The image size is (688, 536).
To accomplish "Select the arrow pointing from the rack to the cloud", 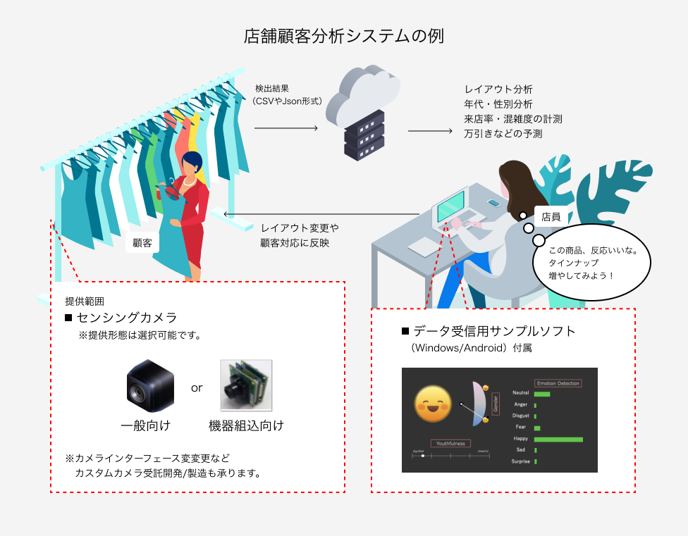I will click(x=285, y=128).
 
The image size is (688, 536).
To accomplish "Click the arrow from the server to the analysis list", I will click(x=429, y=131).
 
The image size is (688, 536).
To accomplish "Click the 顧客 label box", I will click(x=143, y=244).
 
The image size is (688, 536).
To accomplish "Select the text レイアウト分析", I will click(x=498, y=89).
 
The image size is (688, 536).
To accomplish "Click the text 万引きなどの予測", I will click(x=503, y=133).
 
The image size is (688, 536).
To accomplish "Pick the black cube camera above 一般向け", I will click(x=149, y=386).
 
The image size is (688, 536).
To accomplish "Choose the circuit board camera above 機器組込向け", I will click(x=245, y=386).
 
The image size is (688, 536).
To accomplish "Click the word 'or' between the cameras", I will click(x=197, y=388).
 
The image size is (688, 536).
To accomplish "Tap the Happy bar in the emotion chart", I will click(x=558, y=440).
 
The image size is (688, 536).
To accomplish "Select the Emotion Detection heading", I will click(x=558, y=383).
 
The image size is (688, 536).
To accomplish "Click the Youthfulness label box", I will click(x=451, y=444).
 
